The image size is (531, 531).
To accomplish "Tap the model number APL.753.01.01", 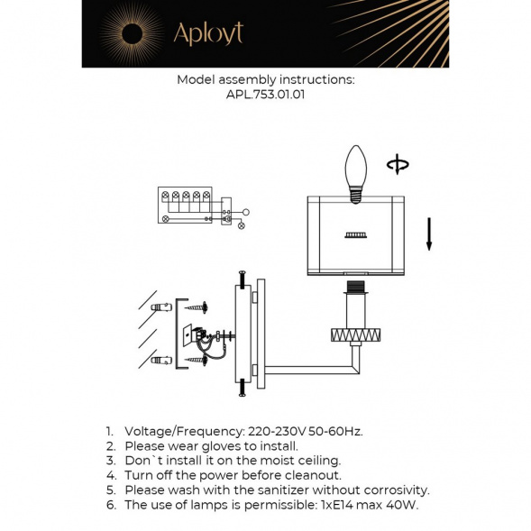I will click(265, 94).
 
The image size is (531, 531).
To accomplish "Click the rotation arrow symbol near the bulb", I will click(397, 164).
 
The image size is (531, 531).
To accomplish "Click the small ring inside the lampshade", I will click(354, 235).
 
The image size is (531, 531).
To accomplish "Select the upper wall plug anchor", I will click(162, 308).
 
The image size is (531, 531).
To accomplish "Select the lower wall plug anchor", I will click(162, 362).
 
